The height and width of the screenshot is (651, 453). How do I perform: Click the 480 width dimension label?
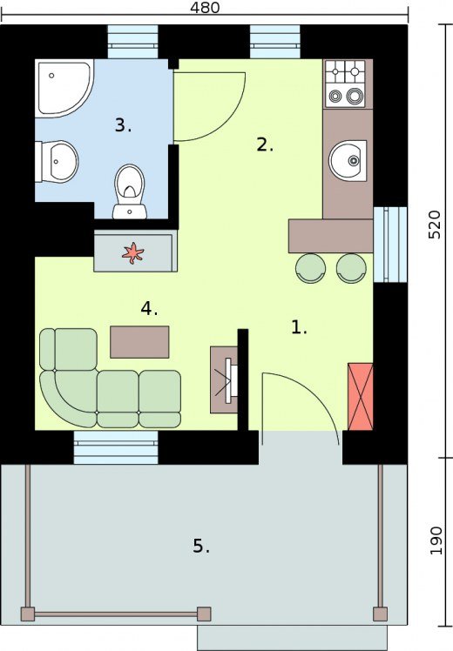pos(205,7)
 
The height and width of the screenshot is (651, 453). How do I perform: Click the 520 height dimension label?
pos(435,225)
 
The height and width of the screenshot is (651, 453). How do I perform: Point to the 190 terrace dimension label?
pos(436,540)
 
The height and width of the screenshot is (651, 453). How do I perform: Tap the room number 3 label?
pos(123,125)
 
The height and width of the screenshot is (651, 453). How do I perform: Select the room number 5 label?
pos(201,546)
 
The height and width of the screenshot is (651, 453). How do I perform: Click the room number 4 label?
pos(149,308)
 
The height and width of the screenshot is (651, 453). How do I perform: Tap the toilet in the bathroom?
pos(130,191)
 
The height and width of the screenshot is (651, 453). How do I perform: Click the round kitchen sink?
pos(348,161)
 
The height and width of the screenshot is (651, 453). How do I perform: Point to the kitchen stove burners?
pos(345,84)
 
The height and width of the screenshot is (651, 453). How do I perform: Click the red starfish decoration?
pos(133,252)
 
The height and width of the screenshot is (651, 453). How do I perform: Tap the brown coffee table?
pos(139,342)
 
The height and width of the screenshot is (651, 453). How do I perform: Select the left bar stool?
pos(310,268)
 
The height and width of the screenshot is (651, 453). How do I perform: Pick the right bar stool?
pos(351,268)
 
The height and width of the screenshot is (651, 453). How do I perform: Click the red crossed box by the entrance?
pos(361,397)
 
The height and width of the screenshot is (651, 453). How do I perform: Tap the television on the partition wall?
pos(231,379)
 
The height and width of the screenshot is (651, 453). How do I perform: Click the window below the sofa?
pos(116,447)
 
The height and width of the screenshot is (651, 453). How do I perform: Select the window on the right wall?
pos(389,244)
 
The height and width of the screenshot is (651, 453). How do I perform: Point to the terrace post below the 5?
pos(204,614)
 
